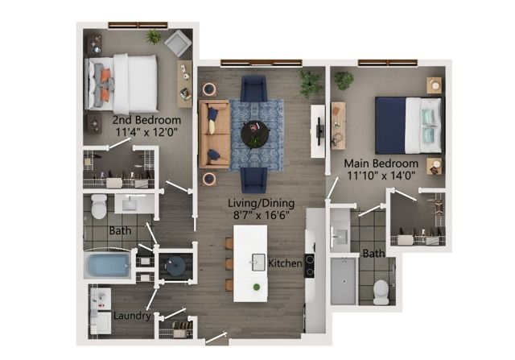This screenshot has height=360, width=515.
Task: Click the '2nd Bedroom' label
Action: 146,120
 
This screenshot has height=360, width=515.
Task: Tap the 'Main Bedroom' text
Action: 381,163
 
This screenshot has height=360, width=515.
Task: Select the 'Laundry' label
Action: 132,316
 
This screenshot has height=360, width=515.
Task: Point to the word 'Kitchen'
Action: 285,263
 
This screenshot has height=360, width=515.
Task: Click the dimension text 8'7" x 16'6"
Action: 261,215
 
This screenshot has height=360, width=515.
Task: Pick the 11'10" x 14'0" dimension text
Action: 381,176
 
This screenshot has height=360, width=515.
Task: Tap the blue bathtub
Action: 107,265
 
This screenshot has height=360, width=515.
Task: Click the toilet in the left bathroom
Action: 99,206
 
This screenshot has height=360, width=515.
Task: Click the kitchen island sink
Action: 258,262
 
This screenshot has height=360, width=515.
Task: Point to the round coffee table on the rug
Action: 256,134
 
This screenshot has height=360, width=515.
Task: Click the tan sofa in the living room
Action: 214,134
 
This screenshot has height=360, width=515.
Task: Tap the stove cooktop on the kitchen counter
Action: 310,266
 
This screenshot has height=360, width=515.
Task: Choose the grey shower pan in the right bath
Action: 344,281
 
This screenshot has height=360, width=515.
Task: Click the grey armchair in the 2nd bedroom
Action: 178,43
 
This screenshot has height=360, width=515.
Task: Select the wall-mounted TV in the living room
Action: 319,131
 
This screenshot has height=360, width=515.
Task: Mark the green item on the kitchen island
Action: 257,287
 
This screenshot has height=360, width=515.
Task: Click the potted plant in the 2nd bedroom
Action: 153,36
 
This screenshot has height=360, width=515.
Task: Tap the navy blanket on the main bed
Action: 390,126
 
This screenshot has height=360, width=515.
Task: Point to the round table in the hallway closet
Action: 175,266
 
